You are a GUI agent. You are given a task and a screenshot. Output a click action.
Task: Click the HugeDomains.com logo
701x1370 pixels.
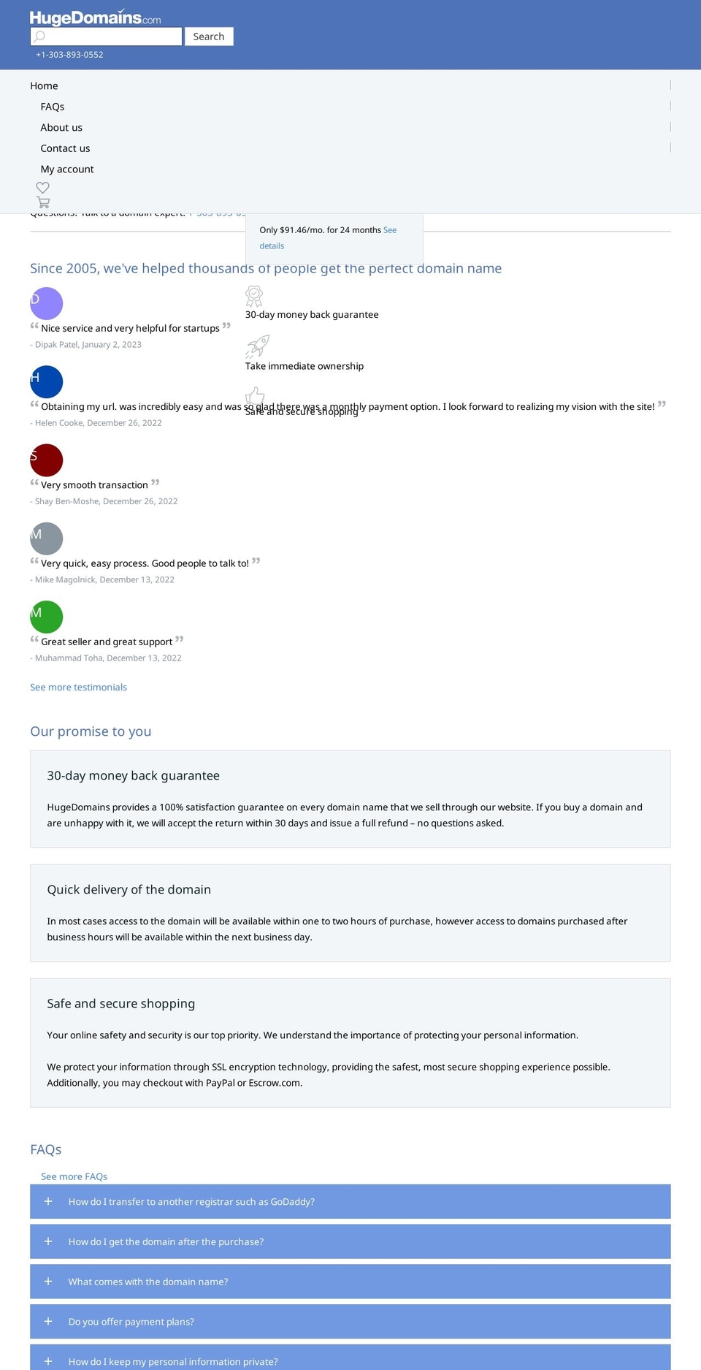pyautogui.click(x=95, y=18)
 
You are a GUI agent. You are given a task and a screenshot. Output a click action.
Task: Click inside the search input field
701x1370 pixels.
pyautogui.click(x=107, y=37)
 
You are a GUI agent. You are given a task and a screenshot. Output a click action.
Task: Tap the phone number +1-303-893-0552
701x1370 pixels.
pyautogui.click(x=69, y=55)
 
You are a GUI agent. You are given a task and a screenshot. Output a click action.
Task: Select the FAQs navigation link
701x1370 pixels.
pyautogui.click(x=53, y=107)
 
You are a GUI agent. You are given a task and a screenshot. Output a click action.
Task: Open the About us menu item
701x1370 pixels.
pyautogui.click(x=61, y=127)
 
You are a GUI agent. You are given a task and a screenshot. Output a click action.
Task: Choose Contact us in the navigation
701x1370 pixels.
pyautogui.click(x=65, y=148)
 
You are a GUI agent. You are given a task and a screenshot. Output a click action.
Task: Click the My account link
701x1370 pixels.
pyautogui.click(x=67, y=169)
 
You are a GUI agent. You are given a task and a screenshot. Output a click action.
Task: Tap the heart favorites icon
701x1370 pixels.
pyautogui.click(x=43, y=188)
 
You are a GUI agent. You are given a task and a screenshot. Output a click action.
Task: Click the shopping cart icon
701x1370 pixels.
pyautogui.click(x=43, y=202)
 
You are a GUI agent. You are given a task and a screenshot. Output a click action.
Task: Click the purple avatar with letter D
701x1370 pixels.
pyautogui.click(x=47, y=303)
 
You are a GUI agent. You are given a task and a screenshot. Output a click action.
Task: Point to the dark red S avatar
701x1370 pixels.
pyautogui.click(x=47, y=460)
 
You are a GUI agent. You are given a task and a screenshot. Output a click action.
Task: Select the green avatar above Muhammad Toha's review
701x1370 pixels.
pyautogui.click(x=47, y=617)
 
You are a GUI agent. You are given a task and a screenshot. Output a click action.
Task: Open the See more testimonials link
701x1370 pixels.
pyautogui.click(x=78, y=687)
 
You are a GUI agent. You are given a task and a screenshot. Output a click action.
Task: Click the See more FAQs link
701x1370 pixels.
pyautogui.click(x=74, y=1176)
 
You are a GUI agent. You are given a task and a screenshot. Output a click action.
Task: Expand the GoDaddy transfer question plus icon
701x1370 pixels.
pyautogui.click(x=48, y=1201)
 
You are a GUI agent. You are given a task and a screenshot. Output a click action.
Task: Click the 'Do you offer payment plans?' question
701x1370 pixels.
pyautogui.click(x=131, y=1321)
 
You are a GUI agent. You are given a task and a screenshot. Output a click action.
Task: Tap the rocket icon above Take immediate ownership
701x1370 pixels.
pyautogui.click(x=257, y=346)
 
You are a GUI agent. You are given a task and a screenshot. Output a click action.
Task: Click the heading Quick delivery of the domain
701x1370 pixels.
pyautogui.click(x=129, y=889)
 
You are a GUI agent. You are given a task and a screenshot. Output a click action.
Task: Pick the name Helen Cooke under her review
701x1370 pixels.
pyautogui.click(x=59, y=423)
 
